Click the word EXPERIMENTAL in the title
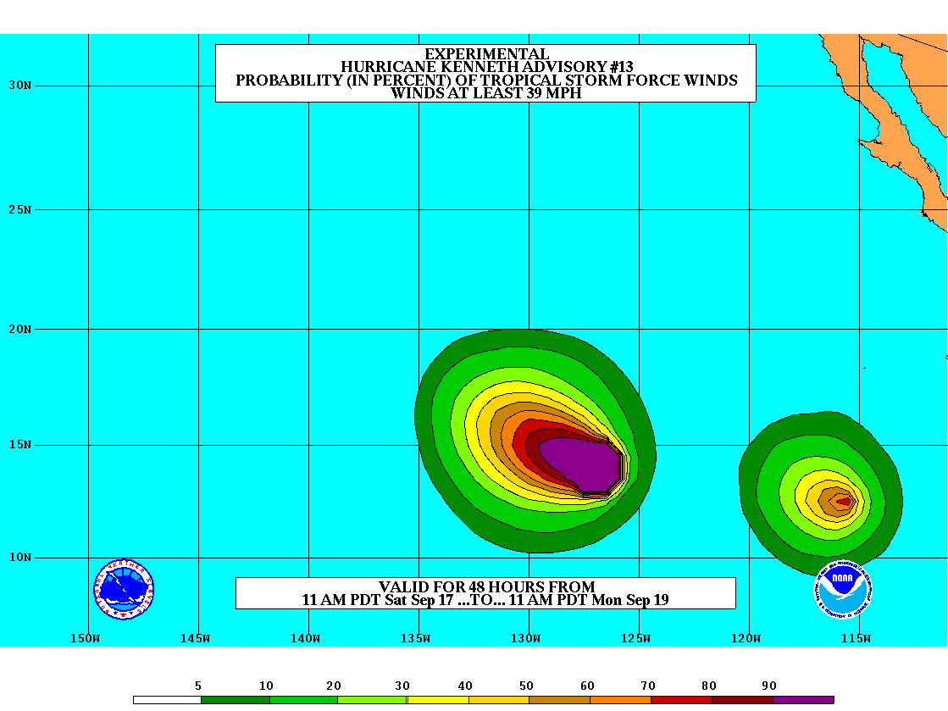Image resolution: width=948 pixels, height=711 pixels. tap(485, 54)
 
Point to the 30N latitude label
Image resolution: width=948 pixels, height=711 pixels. tap(19, 85)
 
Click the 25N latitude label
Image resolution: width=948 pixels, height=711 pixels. tap(19, 209)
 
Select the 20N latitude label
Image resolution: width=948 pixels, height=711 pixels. tap(19, 329)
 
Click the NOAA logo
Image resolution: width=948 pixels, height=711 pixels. tap(844, 587)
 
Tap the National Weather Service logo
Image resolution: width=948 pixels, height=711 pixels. tap(124, 589)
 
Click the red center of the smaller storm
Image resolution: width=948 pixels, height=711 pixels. tap(843, 501)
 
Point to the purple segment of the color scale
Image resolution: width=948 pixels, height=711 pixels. tap(803, 700)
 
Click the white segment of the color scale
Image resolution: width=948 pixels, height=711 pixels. tap(167, 700)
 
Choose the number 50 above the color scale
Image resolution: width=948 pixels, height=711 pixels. tap(526, 686)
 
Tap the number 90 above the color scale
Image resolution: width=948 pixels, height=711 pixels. tap(769, 686)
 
